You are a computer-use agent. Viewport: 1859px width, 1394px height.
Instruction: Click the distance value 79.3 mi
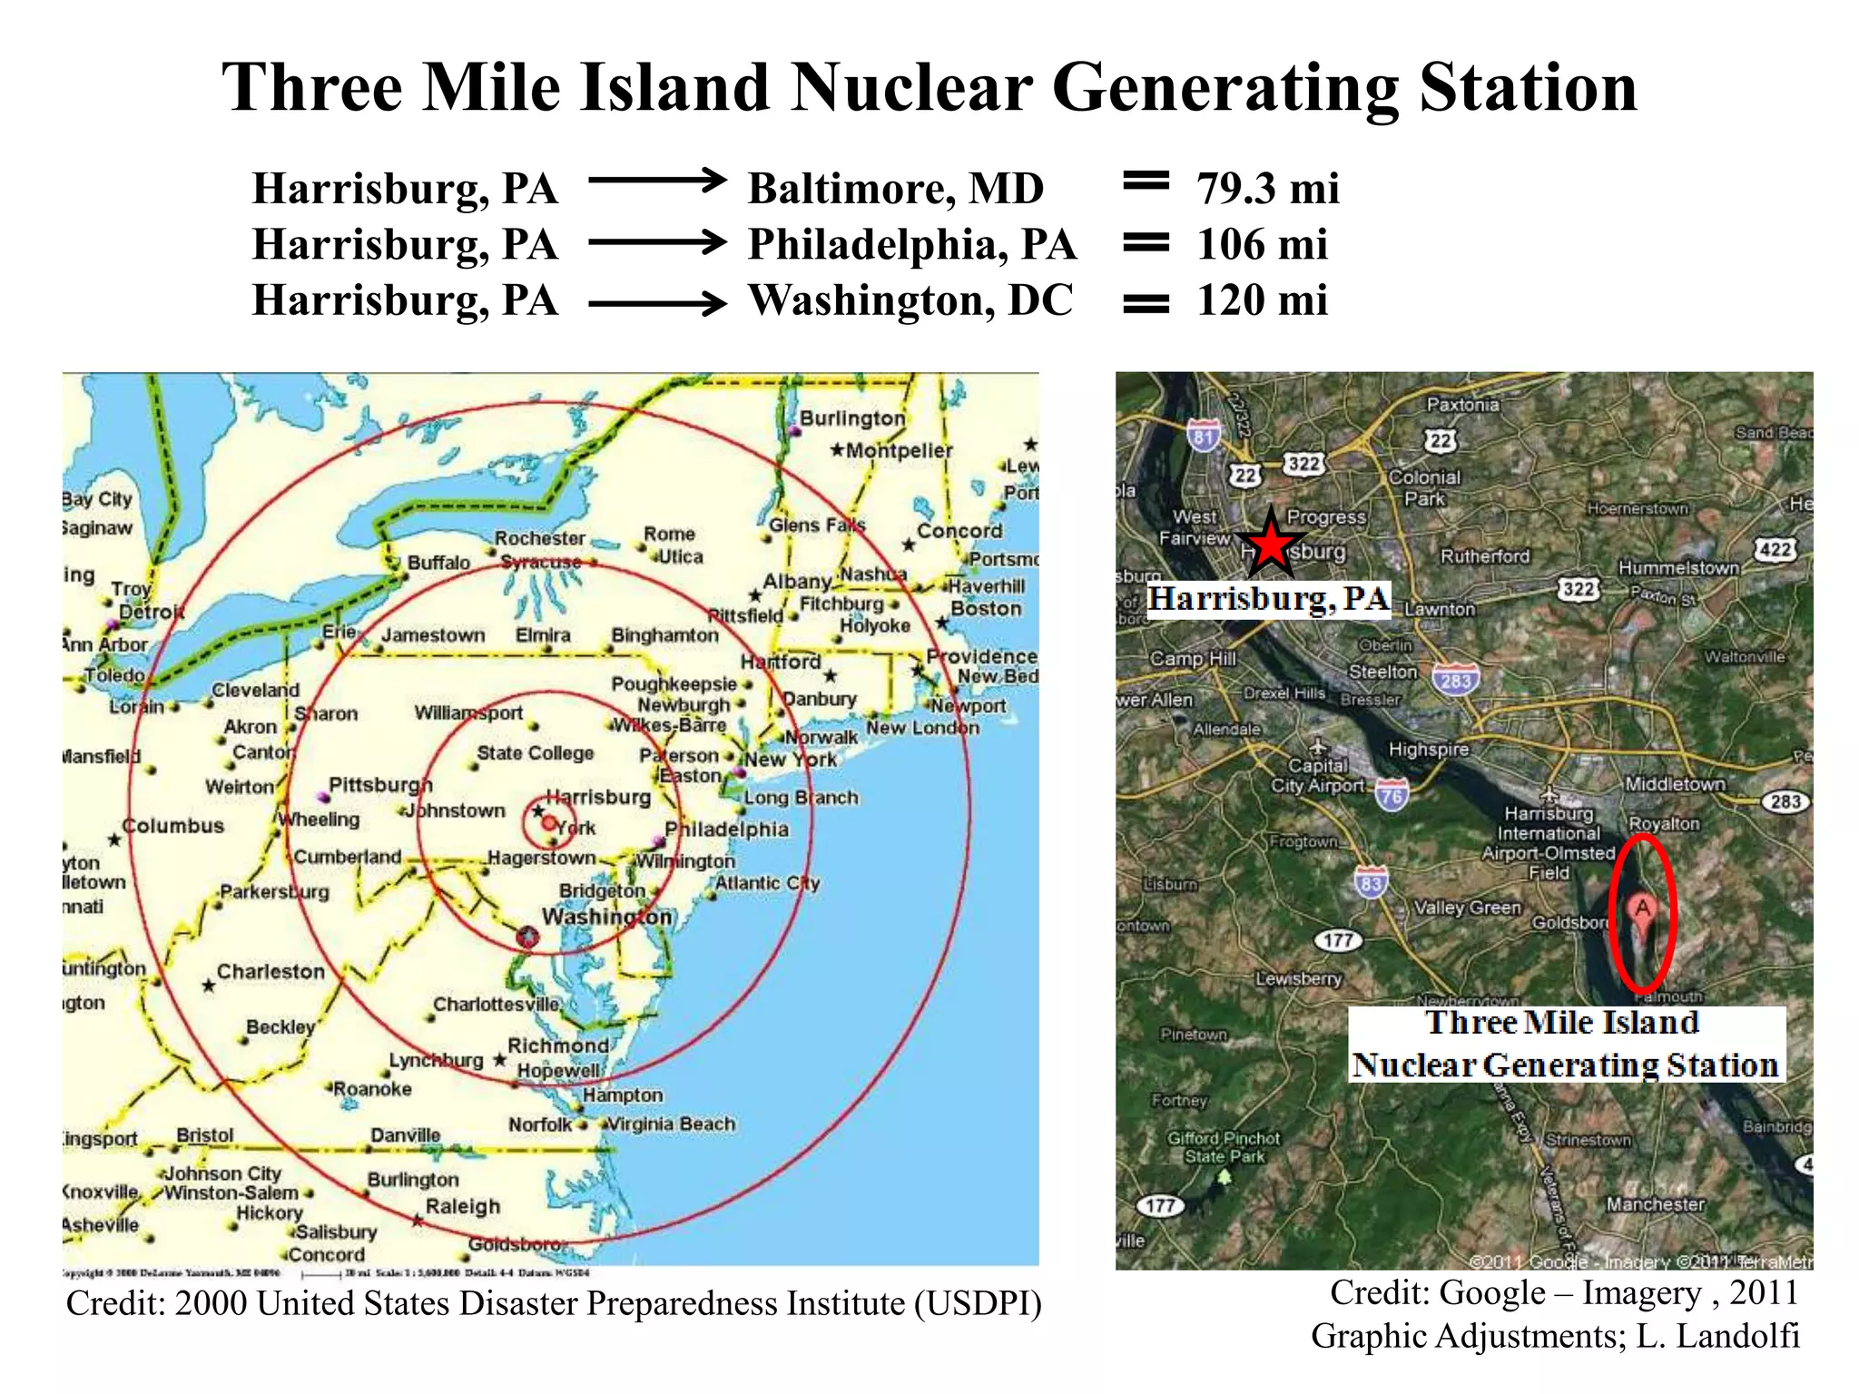1267,189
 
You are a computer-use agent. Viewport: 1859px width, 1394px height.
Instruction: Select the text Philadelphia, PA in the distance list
911,244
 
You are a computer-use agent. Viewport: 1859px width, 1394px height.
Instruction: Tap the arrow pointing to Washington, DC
657,302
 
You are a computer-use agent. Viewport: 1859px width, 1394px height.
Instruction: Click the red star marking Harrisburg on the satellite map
1271,545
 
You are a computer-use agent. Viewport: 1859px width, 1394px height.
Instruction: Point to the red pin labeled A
1642,910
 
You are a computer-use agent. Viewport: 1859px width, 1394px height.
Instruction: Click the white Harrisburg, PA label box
1268,599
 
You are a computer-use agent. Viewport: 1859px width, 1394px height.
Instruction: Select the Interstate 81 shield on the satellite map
1204,436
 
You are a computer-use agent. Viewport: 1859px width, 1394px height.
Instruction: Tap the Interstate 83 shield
1371,882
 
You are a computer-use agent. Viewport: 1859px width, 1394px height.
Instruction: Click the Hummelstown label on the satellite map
1678,567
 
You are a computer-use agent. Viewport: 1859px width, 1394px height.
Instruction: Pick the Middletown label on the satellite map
1675,784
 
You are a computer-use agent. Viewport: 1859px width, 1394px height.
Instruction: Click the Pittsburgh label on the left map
380,785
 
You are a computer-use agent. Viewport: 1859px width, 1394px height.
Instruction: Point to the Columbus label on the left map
172,826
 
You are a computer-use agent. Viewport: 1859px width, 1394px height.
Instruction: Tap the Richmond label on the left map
557,1045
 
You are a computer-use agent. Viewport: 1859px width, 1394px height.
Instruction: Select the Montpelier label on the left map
899,451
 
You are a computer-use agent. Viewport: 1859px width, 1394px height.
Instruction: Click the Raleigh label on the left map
462,1206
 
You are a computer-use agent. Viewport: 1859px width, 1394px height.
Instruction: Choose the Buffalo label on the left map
438,563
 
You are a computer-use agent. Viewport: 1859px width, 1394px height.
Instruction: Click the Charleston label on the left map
270,971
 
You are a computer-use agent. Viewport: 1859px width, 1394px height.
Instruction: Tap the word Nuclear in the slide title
911,88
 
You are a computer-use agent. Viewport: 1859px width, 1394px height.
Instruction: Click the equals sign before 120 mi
1146,302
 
